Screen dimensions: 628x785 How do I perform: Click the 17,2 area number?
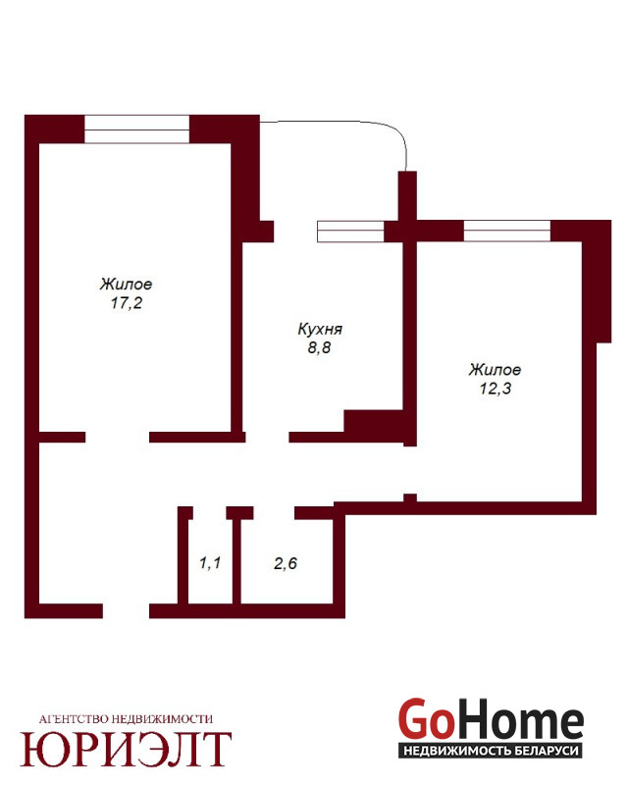(x=127, y=303)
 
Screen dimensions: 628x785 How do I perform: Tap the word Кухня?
(x=320, y=329)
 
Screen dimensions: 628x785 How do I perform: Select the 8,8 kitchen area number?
(x=320, y=347)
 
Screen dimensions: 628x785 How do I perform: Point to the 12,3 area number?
(x=496, y=388)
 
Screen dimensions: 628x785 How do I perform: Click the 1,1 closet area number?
(x=210, y=562)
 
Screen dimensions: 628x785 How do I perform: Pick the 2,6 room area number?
(x=286, y=563)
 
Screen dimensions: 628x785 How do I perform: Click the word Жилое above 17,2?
(x=127, y=285)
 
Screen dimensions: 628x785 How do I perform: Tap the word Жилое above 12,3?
(x=495, y=370)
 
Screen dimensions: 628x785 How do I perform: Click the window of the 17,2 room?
(x=136, y=130)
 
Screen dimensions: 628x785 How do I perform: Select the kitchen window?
(x=350, y=232)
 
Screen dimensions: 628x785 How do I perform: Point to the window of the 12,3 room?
(x=507, y=231)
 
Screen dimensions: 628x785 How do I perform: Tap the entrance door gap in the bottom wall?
(x=127, y=610)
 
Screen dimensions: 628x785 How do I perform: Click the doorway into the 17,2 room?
(x=117, y=437)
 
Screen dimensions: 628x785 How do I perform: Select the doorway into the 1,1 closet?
(x=210, y=512)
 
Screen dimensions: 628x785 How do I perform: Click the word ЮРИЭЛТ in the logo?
(x=126, y=750)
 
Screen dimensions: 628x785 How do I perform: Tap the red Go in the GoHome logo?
(x=425, y=720)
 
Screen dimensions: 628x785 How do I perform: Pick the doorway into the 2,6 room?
(x=274, y=512)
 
